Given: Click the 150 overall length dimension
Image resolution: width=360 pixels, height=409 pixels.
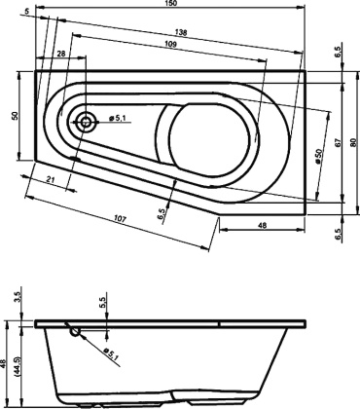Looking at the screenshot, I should pos(169,7).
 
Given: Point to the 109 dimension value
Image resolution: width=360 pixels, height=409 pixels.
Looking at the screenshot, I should pos(169,47).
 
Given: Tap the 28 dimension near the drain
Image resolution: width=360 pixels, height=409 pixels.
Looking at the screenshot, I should pos(62,56).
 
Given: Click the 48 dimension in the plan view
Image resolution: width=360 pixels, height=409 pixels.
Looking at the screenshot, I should pos(264,226).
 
